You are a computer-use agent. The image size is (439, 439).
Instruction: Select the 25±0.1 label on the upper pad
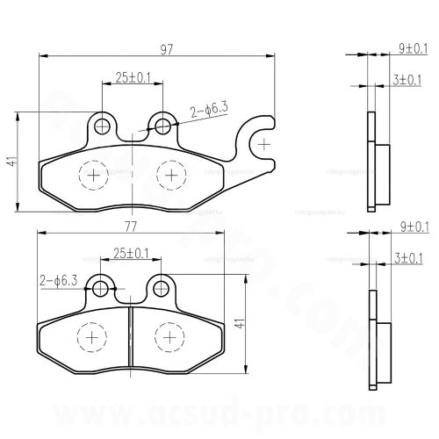coord(133,78)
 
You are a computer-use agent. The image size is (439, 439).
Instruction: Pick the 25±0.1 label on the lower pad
coord(132,254)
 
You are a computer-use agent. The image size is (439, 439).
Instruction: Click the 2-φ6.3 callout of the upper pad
coord(208,111)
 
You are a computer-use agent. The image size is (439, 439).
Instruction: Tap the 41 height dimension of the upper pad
coord(11,162)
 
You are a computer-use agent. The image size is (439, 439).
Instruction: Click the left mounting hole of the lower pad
coord(103,288)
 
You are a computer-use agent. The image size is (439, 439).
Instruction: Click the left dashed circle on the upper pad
coord(92,176)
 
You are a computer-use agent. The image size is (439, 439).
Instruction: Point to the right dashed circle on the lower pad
coord(168,336)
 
